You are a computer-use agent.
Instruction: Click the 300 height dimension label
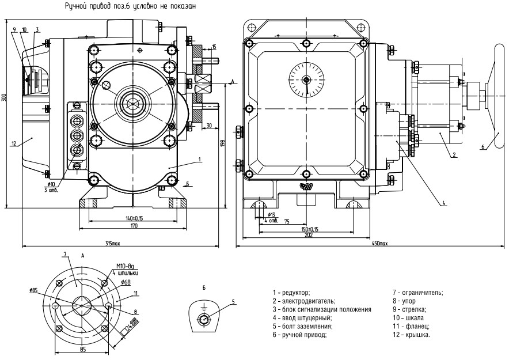pos(4,98)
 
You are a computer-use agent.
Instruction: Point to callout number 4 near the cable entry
pos(445,202)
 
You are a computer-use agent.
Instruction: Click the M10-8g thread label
pos(126,267)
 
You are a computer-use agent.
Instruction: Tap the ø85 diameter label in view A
pos(33,290)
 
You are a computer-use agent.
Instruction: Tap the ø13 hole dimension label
pos(272,214)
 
